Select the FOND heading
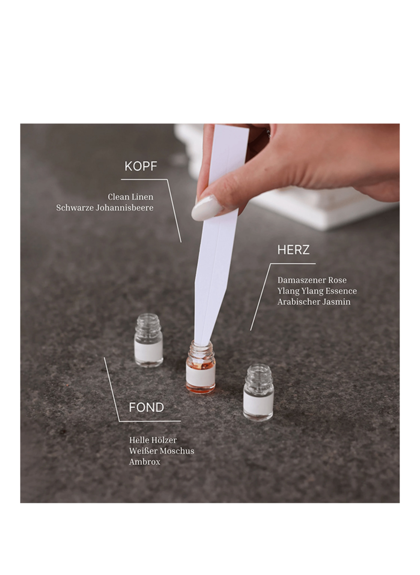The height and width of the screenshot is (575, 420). [x=146, y=407]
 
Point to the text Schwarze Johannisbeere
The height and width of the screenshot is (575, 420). [x=105, y=208]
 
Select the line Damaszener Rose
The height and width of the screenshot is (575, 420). [x=312, y=280]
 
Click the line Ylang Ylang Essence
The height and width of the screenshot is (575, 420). [x=317, y=291]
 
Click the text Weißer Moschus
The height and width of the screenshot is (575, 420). [x=162, y=451]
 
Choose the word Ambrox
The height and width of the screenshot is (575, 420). [x=145, y=462]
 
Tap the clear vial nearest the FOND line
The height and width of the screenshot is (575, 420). [x=149, y=341]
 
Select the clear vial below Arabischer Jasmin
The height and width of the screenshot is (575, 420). [x=258, y=393]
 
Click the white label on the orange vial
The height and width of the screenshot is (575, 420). [x=201, y=376]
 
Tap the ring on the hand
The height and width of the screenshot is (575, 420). [x=268, y=133]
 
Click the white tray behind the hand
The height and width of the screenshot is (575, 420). [x=318, y=211]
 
